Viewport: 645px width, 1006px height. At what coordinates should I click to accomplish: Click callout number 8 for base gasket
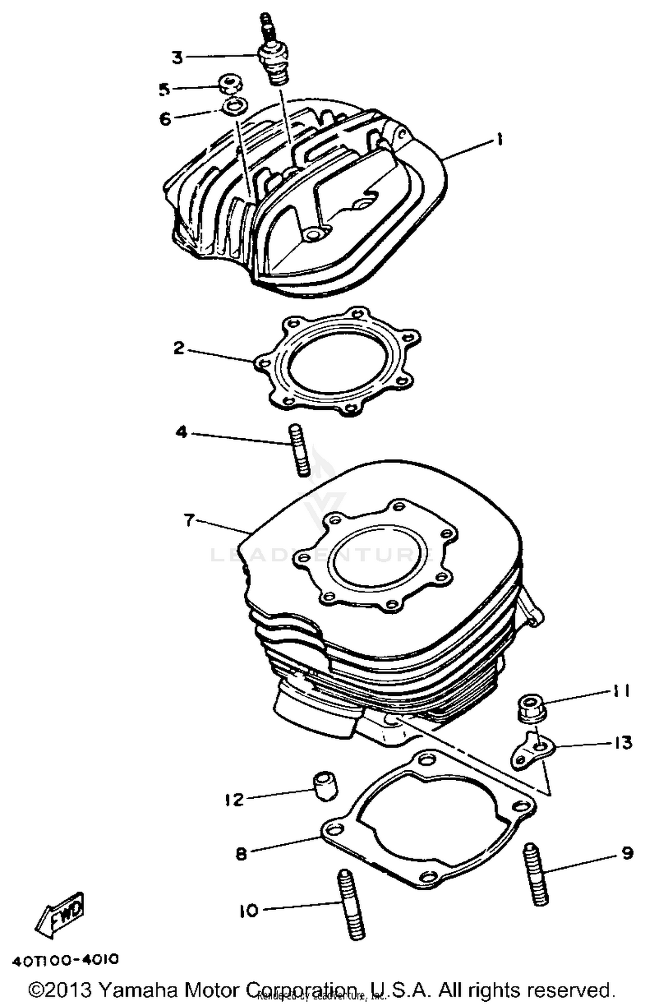(x=242, y=853)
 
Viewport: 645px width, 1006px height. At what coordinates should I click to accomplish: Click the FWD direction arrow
(x=60, y=914)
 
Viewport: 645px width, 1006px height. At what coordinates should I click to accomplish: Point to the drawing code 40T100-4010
(x=65, y=960)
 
